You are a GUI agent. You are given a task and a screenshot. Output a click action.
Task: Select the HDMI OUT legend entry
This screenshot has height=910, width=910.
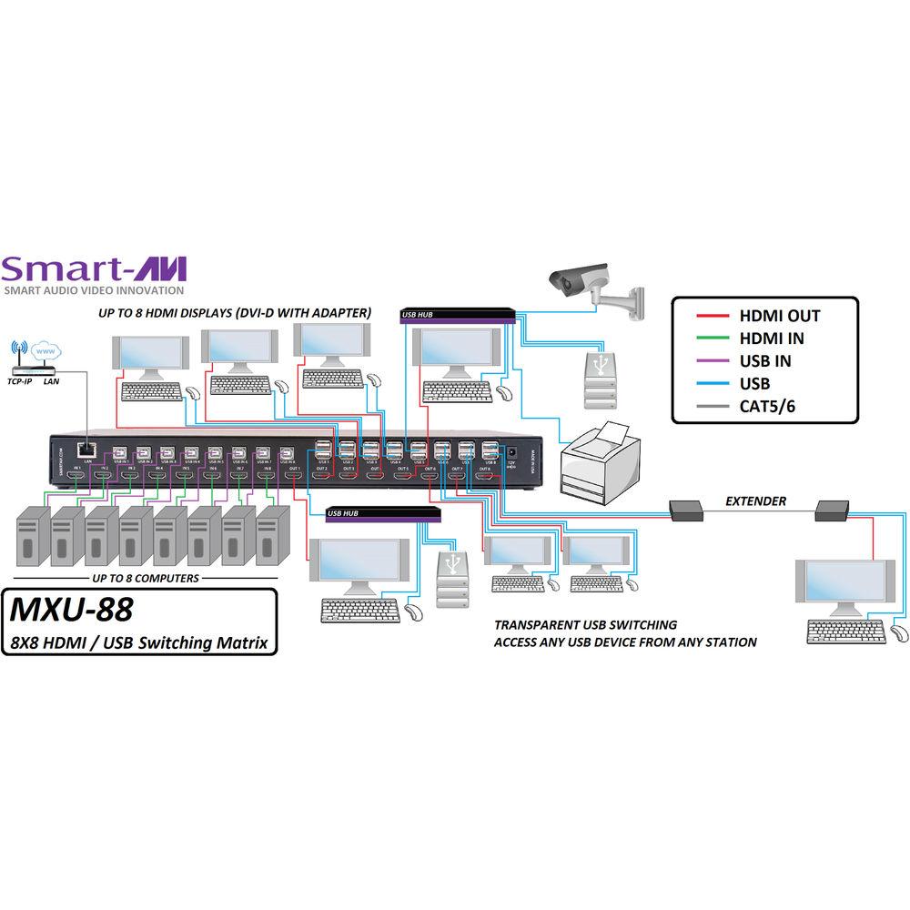[x=779, y=316]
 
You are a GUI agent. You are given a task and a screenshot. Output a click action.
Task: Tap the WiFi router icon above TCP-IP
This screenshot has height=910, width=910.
[x=25, y=357]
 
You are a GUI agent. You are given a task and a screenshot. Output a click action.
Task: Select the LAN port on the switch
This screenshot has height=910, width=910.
[x=85, y=449]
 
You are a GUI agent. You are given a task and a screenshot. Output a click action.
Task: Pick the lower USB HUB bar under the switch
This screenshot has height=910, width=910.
[x=383, y=514]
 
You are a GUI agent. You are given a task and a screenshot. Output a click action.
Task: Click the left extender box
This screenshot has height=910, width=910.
[x=686, y=512]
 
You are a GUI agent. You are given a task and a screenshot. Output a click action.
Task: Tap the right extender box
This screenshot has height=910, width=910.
[x=832, y=512]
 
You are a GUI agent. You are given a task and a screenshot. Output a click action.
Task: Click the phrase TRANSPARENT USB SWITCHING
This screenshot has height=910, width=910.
[x=585, y=625]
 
